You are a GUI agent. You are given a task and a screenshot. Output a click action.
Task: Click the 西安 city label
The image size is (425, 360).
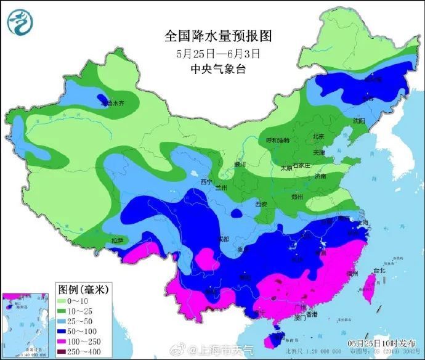point(261,204)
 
